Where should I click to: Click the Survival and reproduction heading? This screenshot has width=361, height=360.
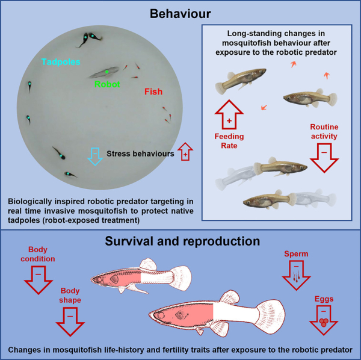(180, 243)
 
